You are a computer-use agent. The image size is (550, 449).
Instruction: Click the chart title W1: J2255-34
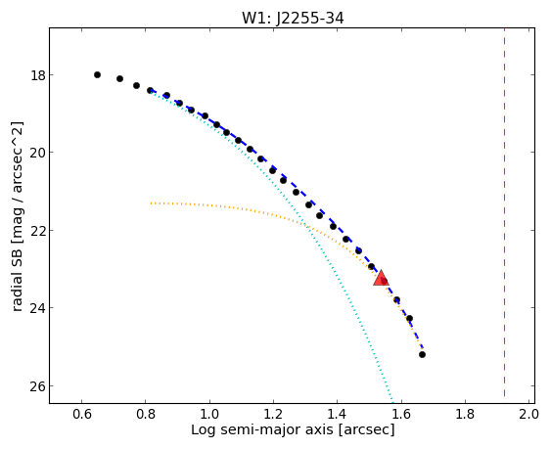pos(293,19)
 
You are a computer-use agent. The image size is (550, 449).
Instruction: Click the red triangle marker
pos(381,278)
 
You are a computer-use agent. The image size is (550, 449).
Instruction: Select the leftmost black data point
pos(97,74)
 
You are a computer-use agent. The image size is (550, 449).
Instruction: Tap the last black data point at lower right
pos(422,354)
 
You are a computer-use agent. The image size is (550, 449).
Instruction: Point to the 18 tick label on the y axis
pos(38,75)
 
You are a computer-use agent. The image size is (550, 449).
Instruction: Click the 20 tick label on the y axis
pos(38,153)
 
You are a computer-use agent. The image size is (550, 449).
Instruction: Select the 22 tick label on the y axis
pos(38,231)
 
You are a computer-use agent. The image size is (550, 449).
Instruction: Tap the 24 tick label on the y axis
pos(38,308)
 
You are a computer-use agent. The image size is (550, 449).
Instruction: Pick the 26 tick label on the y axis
pos(38,386)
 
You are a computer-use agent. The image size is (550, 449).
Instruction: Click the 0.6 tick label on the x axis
pos(82,414)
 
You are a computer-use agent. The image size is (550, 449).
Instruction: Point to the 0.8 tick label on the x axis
pos(146,414)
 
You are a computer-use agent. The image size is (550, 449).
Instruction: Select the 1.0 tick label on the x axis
pos(209,414)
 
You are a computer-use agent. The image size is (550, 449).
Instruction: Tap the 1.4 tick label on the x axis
pos(337,414)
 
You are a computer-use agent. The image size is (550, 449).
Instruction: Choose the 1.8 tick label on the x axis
pos(465,414)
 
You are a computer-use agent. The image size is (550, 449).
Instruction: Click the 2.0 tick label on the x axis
pos(528,414)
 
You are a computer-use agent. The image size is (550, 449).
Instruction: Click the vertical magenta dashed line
pos(504,212)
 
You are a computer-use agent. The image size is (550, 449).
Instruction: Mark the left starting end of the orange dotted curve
pos(151,202)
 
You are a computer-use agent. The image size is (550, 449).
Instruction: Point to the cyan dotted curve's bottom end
pos(392,402)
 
